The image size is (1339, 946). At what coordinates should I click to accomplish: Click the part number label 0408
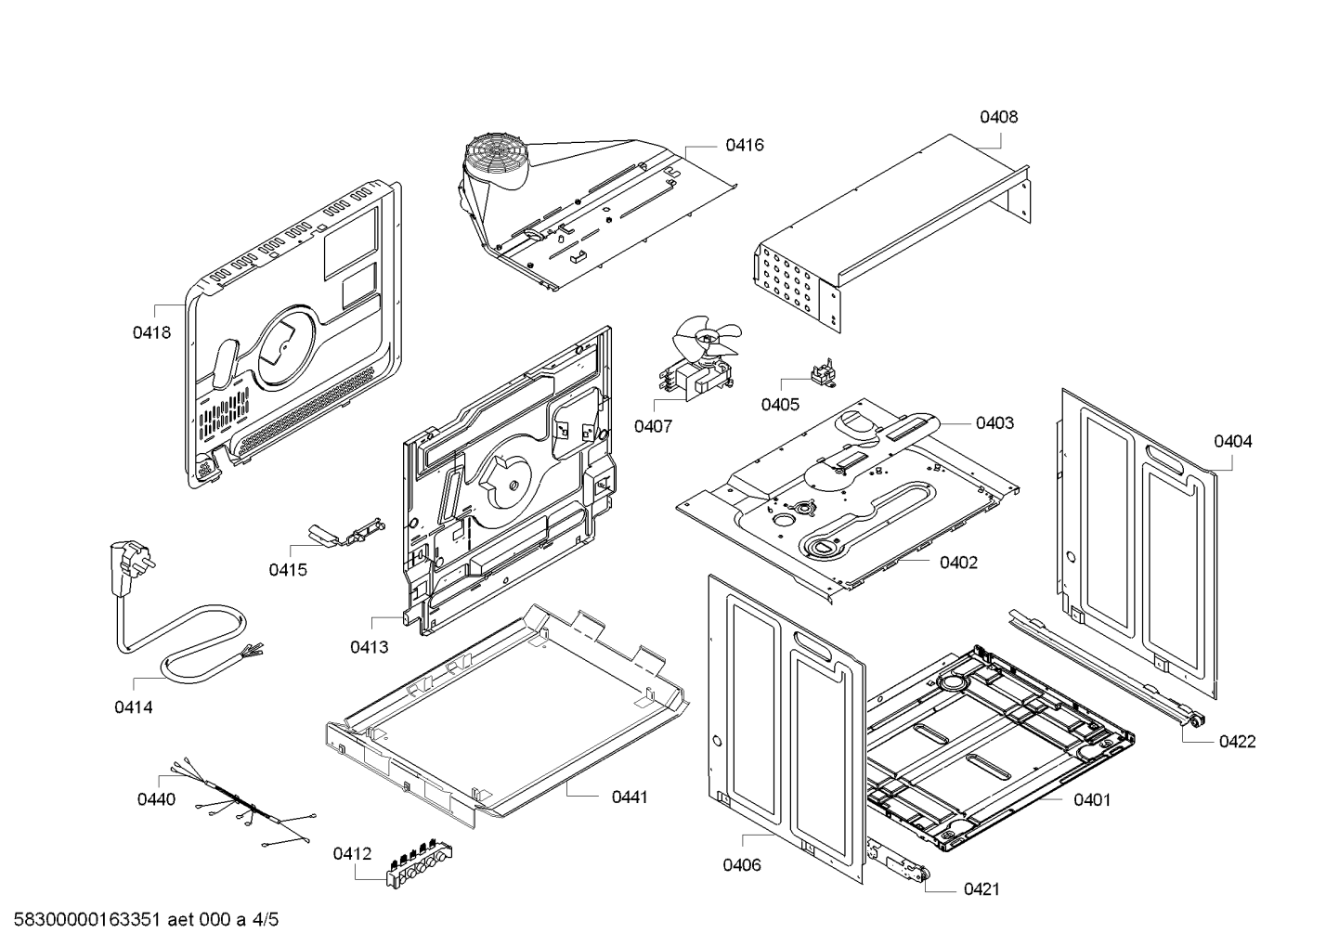[x=998, y=117]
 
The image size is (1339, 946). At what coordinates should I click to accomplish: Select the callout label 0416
[x=745, y=145]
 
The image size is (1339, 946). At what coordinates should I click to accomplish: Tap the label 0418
[x=151, y=331]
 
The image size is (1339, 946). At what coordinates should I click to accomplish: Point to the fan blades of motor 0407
[x=708, y=338]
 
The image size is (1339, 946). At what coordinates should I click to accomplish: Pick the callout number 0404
[x=1232, y=441]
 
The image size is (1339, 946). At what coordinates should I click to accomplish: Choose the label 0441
[x=630, y=797]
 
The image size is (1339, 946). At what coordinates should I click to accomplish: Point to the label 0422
[x=1237, y=741]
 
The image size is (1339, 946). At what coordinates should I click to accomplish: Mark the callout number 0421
[x=981, y=889]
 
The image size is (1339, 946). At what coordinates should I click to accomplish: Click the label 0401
[x=1092, y=799]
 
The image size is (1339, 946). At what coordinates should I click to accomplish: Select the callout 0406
[x=742, y=865]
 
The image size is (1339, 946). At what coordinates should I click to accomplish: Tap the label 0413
[x=370, y=647]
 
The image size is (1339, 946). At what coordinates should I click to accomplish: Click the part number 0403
[x=994, y=423]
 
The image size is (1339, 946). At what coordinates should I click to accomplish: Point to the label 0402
[x=958, y=563]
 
